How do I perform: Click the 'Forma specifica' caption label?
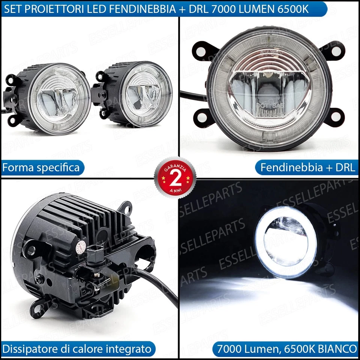coord(41,167)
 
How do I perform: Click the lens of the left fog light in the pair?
coord(60,98)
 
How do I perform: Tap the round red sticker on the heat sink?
coord(79,245)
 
